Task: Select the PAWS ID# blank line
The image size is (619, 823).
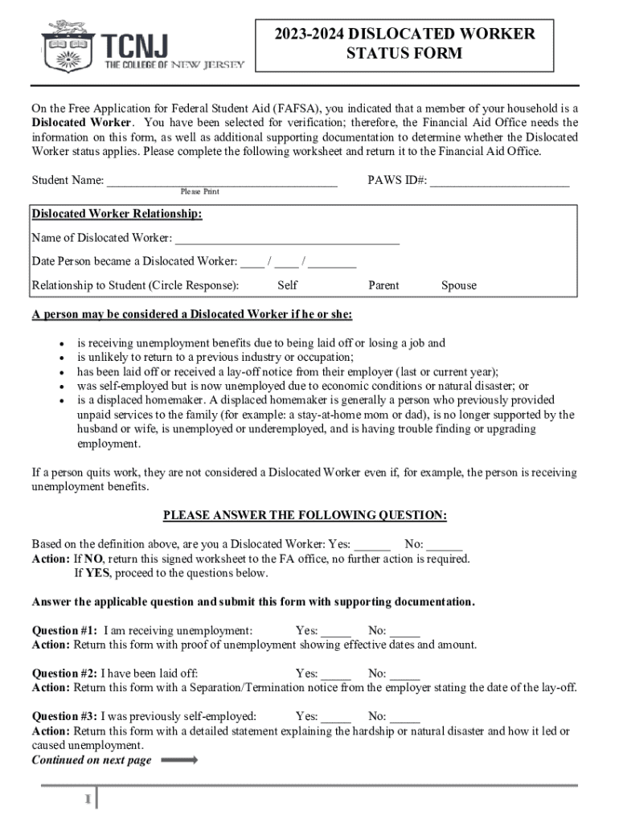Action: click(499, 182)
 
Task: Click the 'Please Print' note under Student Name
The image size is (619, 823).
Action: click(199, 192)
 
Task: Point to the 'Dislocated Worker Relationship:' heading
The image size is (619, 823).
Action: click(117, 215)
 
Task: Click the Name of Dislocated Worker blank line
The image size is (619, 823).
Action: click(287, 240)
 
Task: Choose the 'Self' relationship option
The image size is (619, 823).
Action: click(287, 285)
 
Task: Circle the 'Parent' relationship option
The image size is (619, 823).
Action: click(383, 285)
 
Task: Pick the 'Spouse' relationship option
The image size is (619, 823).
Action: click(458, 285)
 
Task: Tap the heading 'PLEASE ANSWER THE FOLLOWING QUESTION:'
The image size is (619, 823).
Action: click(305, 515)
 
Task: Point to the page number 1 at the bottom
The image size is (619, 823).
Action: click(85, 799)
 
